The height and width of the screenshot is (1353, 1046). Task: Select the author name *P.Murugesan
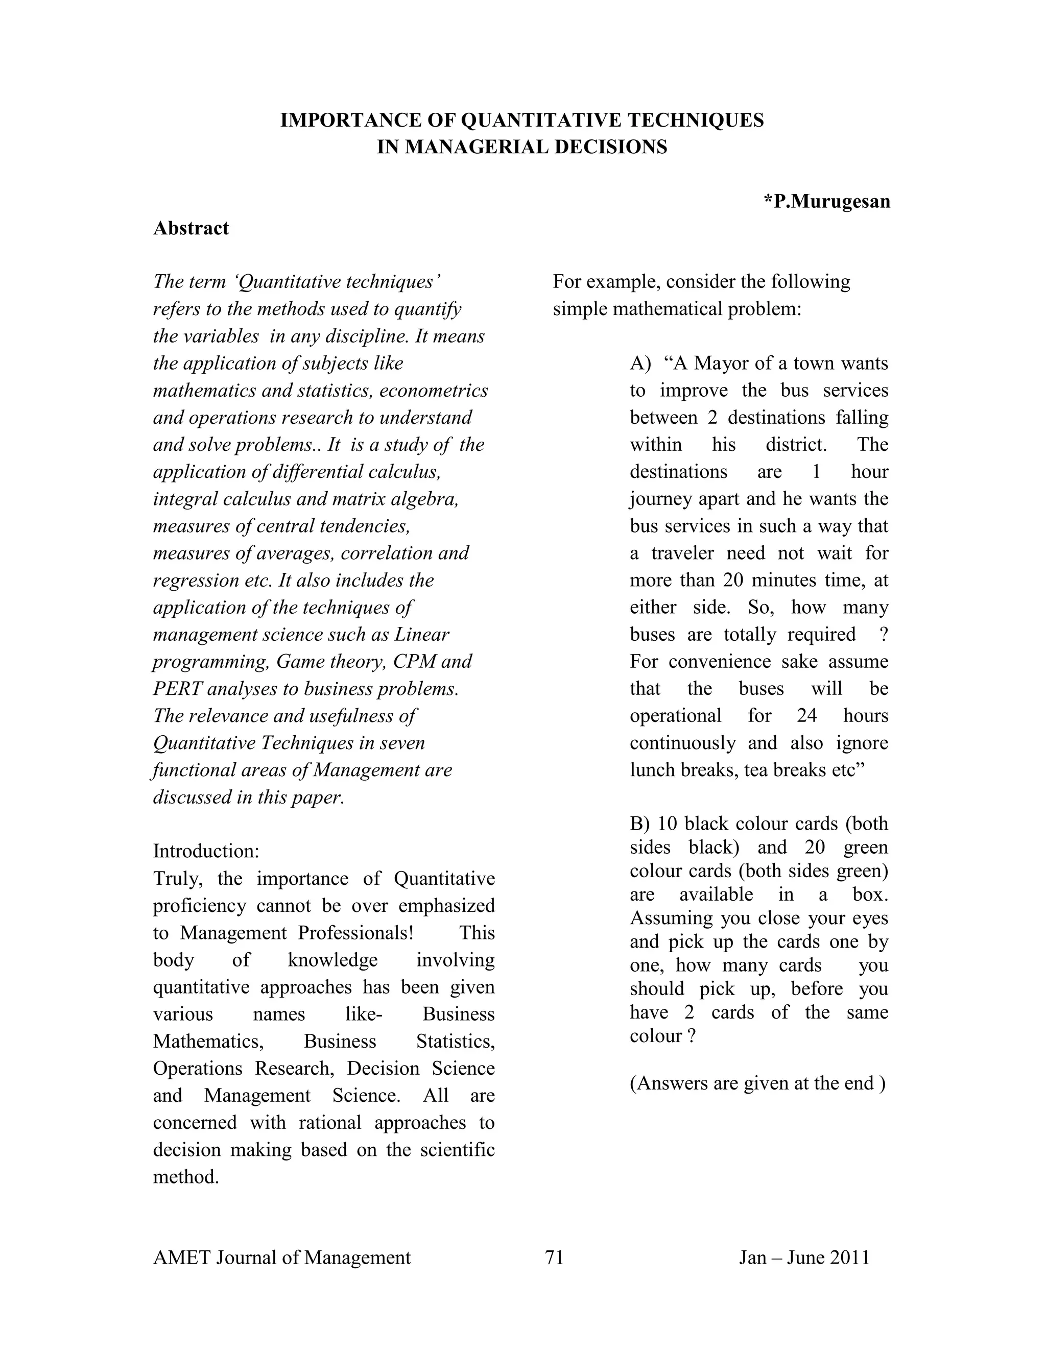tap(827, 201)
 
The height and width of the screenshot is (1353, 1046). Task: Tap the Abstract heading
tap(191, 229)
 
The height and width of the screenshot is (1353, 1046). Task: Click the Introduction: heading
tap(206, 851)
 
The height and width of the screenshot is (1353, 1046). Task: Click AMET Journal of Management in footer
tap(281, 1258)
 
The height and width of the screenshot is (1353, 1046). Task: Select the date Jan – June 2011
tap(804, 1258)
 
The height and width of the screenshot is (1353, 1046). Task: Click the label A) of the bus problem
tap(640, 363)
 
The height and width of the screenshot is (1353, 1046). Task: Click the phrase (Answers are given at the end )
tap(757, 1083)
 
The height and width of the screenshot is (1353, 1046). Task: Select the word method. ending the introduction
tap(186, 1177)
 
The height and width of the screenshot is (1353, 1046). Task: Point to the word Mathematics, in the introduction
tap(208, 1042)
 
